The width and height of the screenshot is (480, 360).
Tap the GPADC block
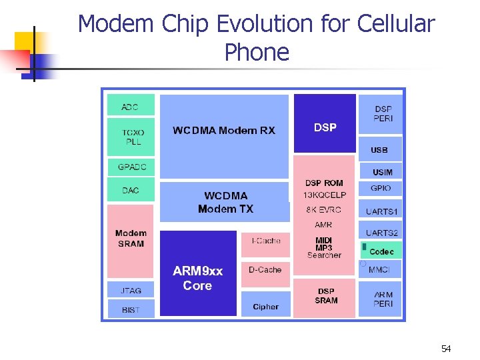131,167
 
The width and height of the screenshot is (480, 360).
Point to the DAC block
131,190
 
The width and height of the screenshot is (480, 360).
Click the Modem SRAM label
131,238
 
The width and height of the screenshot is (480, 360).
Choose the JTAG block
131,290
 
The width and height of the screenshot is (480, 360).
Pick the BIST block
131,309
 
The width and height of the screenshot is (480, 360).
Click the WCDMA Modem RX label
224,131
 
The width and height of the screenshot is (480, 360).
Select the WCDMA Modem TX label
225,202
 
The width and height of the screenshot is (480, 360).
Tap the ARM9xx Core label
197,278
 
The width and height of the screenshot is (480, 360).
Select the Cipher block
265,305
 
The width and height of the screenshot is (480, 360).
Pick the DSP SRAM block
326,296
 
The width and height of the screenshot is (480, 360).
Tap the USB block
379,150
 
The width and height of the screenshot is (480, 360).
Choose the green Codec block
381,251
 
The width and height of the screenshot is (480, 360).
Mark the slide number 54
446,349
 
